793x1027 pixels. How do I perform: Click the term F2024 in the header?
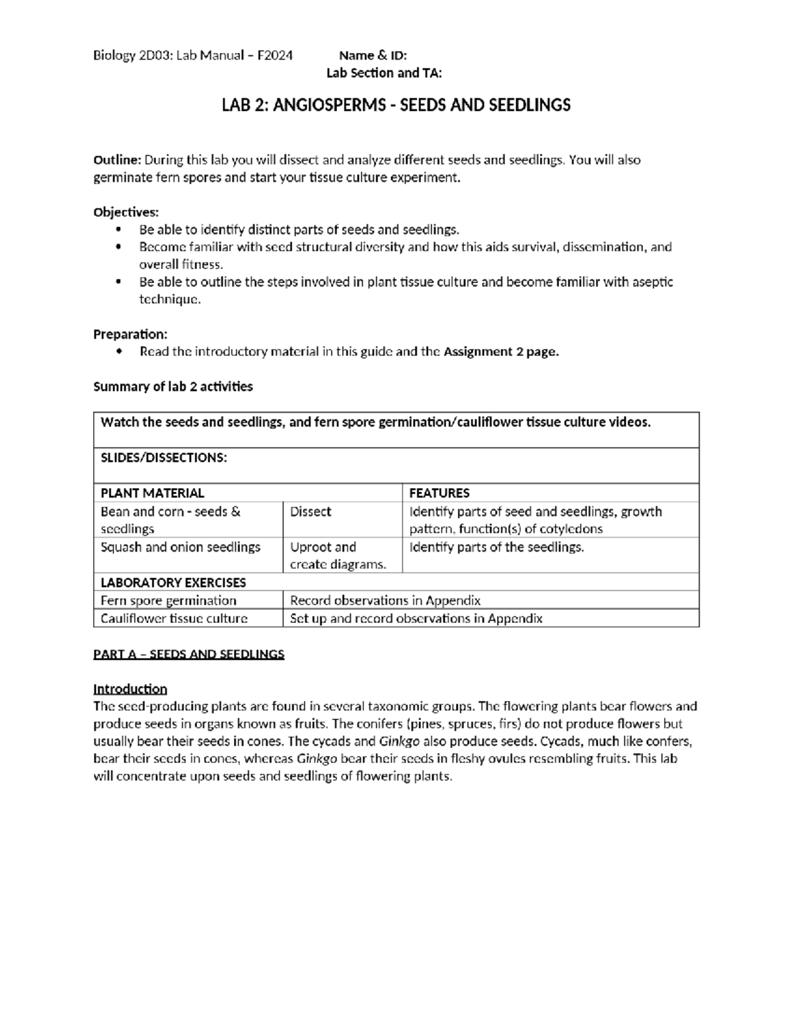coord(275,56)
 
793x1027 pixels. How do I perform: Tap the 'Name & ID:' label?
coord(373,56)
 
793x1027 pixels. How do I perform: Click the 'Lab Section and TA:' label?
coord(384,73)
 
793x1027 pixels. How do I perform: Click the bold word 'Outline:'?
coord(117,160)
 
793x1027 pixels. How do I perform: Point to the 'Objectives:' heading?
coord(126,212)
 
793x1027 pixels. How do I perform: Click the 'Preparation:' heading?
coord(130,334)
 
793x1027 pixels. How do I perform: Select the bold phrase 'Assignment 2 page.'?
coord(501,352)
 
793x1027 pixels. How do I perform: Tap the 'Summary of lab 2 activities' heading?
coord(173,387)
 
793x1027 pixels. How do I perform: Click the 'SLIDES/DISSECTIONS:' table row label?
coord(164,458)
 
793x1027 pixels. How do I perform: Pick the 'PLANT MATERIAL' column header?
coord(152,493)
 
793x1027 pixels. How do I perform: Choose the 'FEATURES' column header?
coord(439,493)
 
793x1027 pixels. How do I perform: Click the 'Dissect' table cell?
coord(311,512)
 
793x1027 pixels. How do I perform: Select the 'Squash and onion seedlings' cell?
coord(180,548)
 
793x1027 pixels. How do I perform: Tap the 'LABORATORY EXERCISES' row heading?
coord(173,583)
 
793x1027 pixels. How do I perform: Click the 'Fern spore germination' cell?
coord(168,600)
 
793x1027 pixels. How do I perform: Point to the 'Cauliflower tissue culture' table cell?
coord(174,618)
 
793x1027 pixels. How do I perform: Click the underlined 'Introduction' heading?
coord(130,689)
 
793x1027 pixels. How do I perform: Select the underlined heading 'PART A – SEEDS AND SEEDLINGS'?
coord(188,654)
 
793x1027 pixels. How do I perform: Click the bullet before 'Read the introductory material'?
coord(118,352)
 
